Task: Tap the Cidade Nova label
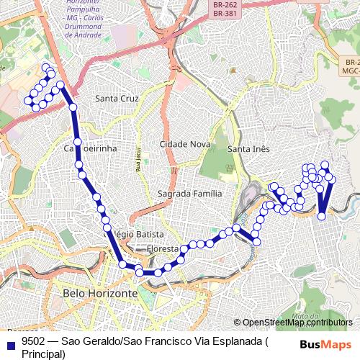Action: point(184,144)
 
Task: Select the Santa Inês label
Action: point(248,149)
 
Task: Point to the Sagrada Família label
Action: point(189,194)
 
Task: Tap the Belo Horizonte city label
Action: point(100,294)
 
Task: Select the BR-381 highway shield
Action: point(225,12)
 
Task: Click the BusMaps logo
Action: point(326,343)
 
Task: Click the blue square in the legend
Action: point(9,344)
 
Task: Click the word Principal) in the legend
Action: point(44,354)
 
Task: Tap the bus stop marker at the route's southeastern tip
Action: point(322,216)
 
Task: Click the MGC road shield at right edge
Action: point(351,71)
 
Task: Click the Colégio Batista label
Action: point(138,235)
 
